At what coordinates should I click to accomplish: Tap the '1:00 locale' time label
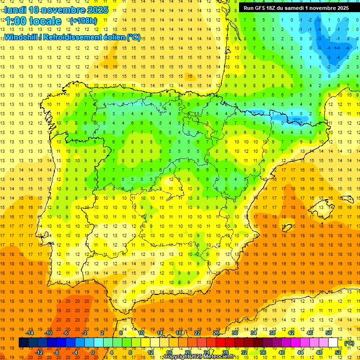pyautogui.click(x=33, y=21)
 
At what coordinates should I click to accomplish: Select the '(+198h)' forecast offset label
pyautogui.click(x=83, y=21)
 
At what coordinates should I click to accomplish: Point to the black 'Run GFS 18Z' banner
pyautogui.click(x=296, y=8)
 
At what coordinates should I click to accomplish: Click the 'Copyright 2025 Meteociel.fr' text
pyautogui.click(x=199, y=357)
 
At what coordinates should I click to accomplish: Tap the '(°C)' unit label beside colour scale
pyautogui.click(x=349, y=344)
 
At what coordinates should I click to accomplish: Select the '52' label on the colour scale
pyautogui.click(x=338, y=352)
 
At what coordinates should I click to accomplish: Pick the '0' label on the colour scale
pyautogui.click(x=93, y=352)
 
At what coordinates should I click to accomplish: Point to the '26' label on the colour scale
pyautogui.click(x=216, y=333)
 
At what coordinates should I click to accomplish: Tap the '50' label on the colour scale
pyautogui.click(x=329, y=333)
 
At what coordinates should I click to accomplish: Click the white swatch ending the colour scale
pyautogui.click(x=333, y=343)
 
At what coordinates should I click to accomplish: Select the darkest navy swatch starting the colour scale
pyautogui.click(x=23, y=343)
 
